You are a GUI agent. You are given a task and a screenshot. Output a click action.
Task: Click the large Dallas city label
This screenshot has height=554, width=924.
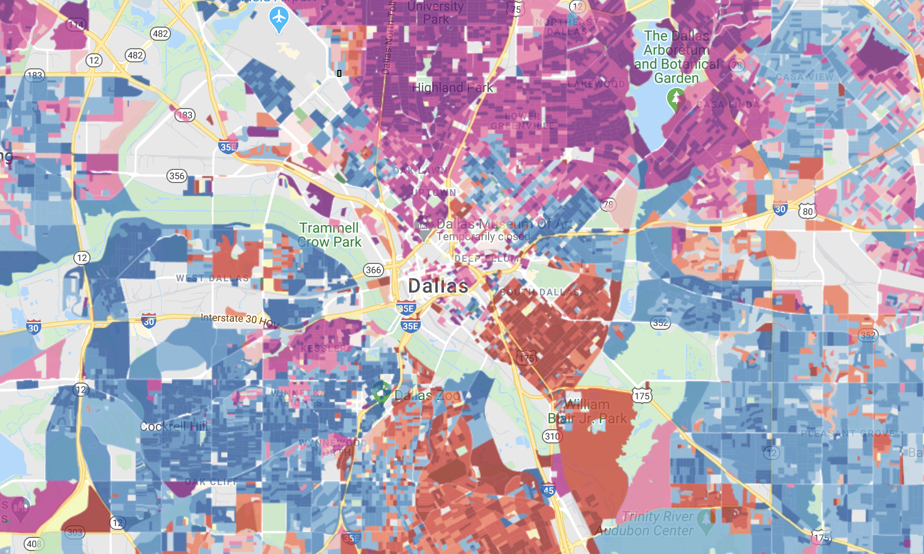[x=438, y=286]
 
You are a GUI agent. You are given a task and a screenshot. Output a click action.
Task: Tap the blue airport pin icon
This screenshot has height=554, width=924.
[x=279, y=19]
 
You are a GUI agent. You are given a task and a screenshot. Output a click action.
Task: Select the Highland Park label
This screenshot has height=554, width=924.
[x=452, y=87]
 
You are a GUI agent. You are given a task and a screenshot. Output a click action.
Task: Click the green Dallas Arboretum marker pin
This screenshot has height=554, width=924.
[x=676, y=98]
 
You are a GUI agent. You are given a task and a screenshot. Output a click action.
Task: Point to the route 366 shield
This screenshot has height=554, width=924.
[x=374, y=270]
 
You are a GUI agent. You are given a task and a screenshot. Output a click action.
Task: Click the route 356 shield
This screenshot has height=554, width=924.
[x=177, y=176]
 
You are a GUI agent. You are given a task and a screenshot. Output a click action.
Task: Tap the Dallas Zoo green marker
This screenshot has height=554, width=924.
[x=381, y=392]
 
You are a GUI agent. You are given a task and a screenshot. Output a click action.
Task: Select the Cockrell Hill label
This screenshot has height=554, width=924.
[x=173, y=426]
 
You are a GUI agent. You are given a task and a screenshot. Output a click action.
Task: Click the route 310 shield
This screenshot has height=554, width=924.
[x=552, y=436]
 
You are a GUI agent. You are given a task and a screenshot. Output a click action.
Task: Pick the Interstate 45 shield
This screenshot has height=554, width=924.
[x=548, y=490]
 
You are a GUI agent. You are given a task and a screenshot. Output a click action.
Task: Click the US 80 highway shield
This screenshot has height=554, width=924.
[x=807, y=211]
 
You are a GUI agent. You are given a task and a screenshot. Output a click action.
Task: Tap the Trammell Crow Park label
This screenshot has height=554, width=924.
[x=329, y=235]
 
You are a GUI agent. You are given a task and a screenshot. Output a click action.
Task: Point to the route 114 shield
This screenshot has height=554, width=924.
[x=76, y=24]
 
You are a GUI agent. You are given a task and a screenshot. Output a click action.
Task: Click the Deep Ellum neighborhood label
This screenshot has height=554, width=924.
[x=486, y=259]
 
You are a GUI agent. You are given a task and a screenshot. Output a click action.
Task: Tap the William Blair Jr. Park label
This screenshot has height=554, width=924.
[x=587, y=411]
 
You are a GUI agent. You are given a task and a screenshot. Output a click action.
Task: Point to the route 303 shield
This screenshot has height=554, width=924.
[x=74, y=532]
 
